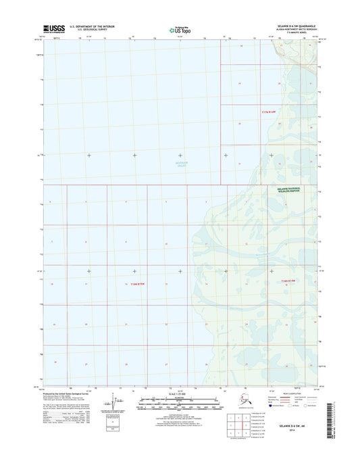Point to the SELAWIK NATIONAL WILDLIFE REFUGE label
[291, 191]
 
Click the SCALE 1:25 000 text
[180, 393]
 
